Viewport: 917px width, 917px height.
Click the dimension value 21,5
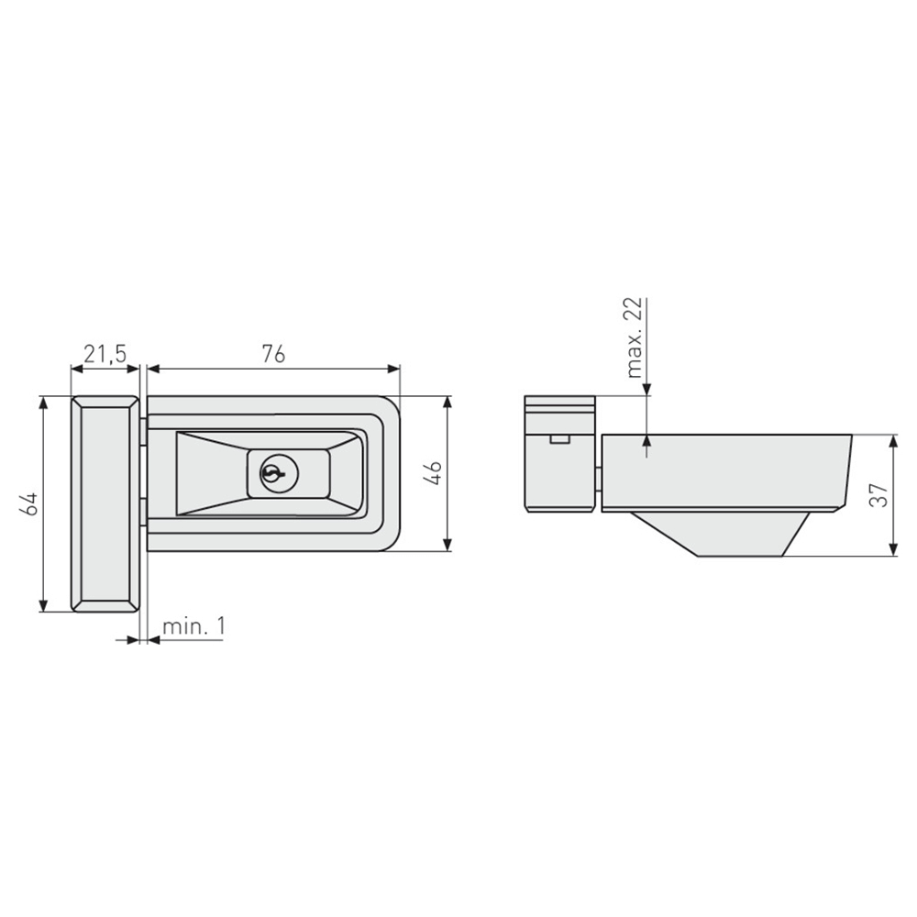(105, 353)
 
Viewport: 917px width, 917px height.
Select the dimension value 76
(273, 353)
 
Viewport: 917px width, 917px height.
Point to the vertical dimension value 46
(434, 473)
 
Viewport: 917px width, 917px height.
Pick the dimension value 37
(879, 496)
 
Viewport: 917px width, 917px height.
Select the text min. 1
(193, 626)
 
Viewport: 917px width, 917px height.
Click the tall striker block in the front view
(105, 504)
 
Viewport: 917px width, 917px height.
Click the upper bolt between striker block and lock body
(144, 431)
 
